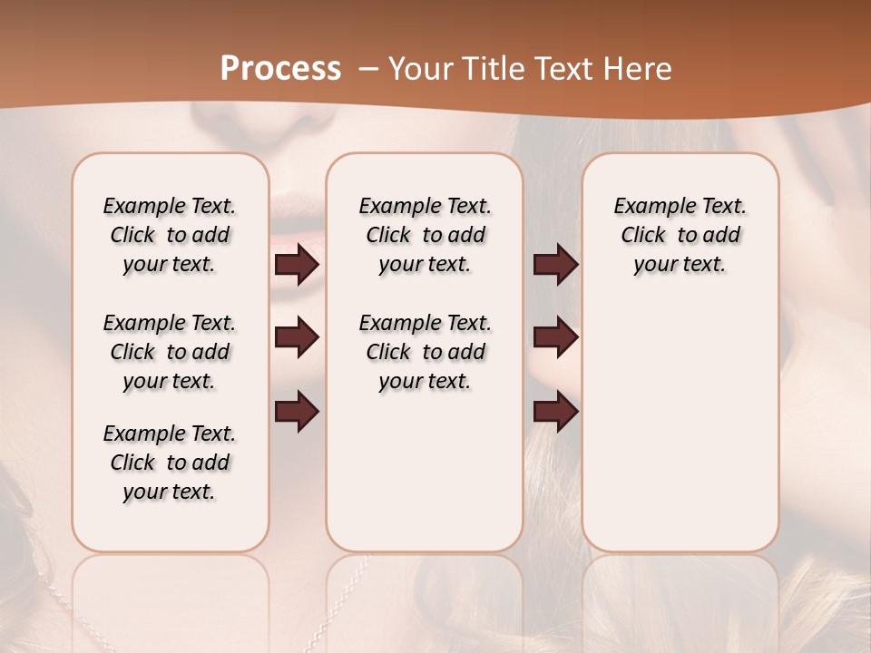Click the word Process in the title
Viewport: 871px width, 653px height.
tap(280, 69)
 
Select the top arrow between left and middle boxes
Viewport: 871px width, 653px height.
tap(297, 264)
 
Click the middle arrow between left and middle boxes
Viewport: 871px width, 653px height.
tap(297, 337)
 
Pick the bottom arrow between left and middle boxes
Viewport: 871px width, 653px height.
tap(297, 411)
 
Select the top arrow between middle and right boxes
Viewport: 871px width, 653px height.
tap(555, 264)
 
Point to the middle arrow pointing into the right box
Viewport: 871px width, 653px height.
tap(555, 337)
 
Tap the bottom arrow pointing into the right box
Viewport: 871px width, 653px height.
tap(555, 411)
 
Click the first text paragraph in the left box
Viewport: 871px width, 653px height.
tap(170, 235)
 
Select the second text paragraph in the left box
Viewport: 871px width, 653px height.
tap(170, 352)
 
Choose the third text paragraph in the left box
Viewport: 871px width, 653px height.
tap(170, 463)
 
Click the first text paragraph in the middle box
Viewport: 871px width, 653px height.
tap(425, 235)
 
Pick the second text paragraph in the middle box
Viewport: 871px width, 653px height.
tap(425, 352)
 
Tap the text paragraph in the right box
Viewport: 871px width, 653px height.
tap(680, 235)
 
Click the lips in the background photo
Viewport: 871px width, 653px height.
tap(297, 213)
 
